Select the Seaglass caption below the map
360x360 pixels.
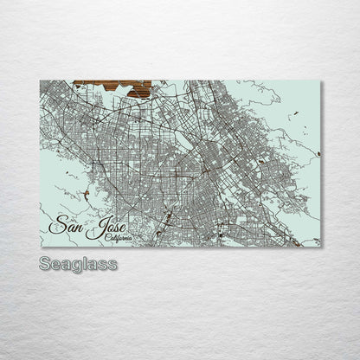pos(78,263)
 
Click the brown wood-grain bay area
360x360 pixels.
pos(113,87)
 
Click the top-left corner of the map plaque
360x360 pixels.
pos(41,80)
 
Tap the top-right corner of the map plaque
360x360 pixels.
pos(321,81)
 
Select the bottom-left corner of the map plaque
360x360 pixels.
pos(41,247)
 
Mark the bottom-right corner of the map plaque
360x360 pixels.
pos(321,247)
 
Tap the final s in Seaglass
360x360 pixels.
pos(112,264)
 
